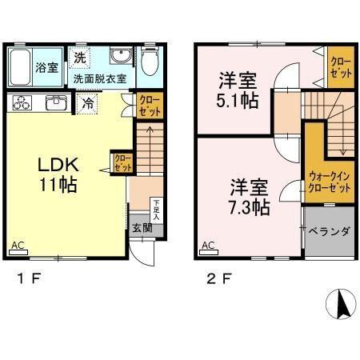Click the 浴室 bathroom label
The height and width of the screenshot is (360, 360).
click(x=46, y=68)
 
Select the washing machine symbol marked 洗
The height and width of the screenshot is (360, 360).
click(x=79, y=57)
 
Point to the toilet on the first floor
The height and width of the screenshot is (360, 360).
click(x=150, y=62)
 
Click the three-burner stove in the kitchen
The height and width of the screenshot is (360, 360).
click(x=22, y=102)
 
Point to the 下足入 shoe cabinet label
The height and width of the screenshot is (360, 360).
click(x=157, y=210)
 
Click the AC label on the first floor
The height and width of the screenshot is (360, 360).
click(x=16, y=245)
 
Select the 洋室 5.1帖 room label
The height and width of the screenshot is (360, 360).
click(x=238, y=90)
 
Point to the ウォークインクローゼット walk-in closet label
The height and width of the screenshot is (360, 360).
click(x=329, y=182)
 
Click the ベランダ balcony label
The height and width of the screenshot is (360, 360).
click(x=330, y=231)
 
